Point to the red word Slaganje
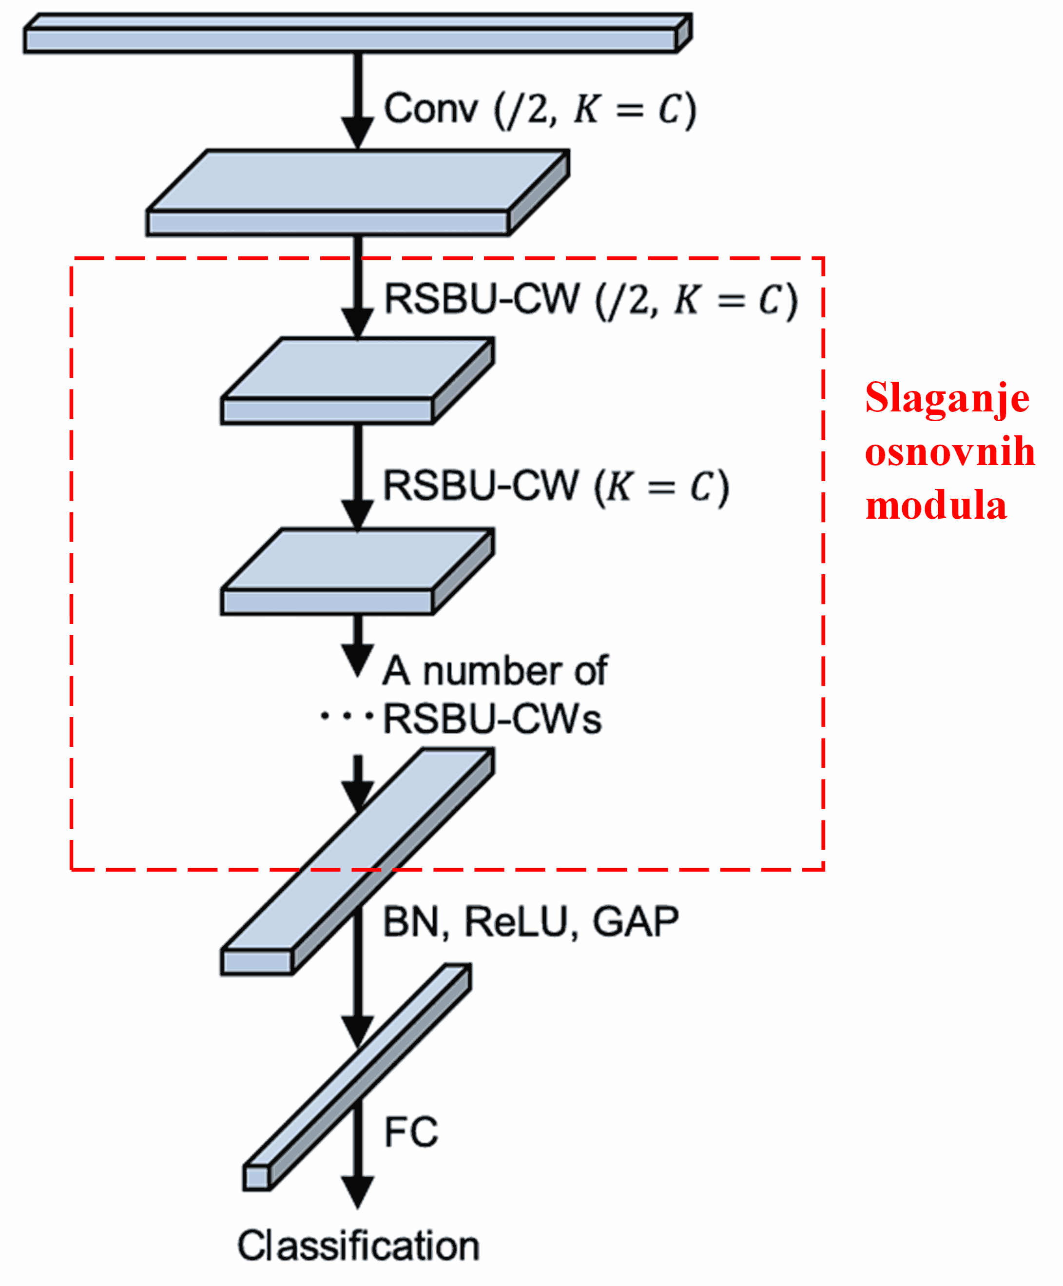(x=947, y=398)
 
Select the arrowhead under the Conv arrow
(x=358, y=132)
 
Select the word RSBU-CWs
(x=492, y=719)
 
